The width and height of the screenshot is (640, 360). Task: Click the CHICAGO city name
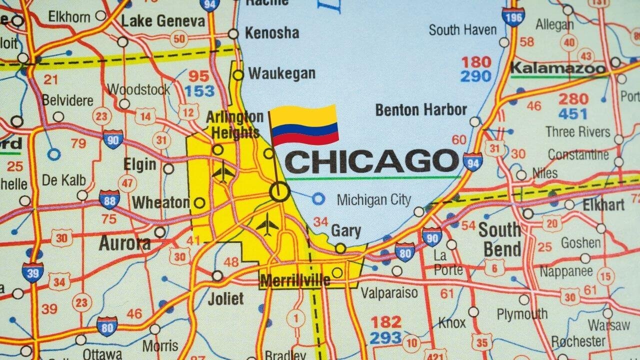click(x=371, y=161)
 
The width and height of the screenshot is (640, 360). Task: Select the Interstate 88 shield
click(x=109, y=199)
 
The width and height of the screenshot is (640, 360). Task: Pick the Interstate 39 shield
click(x=32, y=272)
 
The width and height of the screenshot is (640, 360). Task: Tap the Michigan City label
click(x=373, y=200)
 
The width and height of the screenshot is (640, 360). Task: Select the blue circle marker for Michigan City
click(x=318, y=199)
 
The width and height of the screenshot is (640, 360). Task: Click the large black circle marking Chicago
click(x=279, y=191)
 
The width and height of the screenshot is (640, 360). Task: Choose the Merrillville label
click(x=295, y=280)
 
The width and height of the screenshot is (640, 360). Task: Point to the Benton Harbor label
click(x=421, y=109)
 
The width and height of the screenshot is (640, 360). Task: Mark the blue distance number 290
click(x=476, y=76)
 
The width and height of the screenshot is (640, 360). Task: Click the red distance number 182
click(x=385, y=321)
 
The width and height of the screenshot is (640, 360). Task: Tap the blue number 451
click(x=572, y=114)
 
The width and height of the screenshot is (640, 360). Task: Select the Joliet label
click(x=225, y=299)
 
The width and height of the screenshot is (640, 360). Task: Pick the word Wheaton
click(x=160, y=202)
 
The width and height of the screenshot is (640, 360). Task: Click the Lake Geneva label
click(x=163, y=21)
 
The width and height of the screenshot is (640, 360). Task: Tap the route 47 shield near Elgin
click(x=128, y=183)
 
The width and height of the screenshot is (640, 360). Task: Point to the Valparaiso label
click(x=389, y=292)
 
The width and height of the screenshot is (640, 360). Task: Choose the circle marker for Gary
click(x=340, y=248)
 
